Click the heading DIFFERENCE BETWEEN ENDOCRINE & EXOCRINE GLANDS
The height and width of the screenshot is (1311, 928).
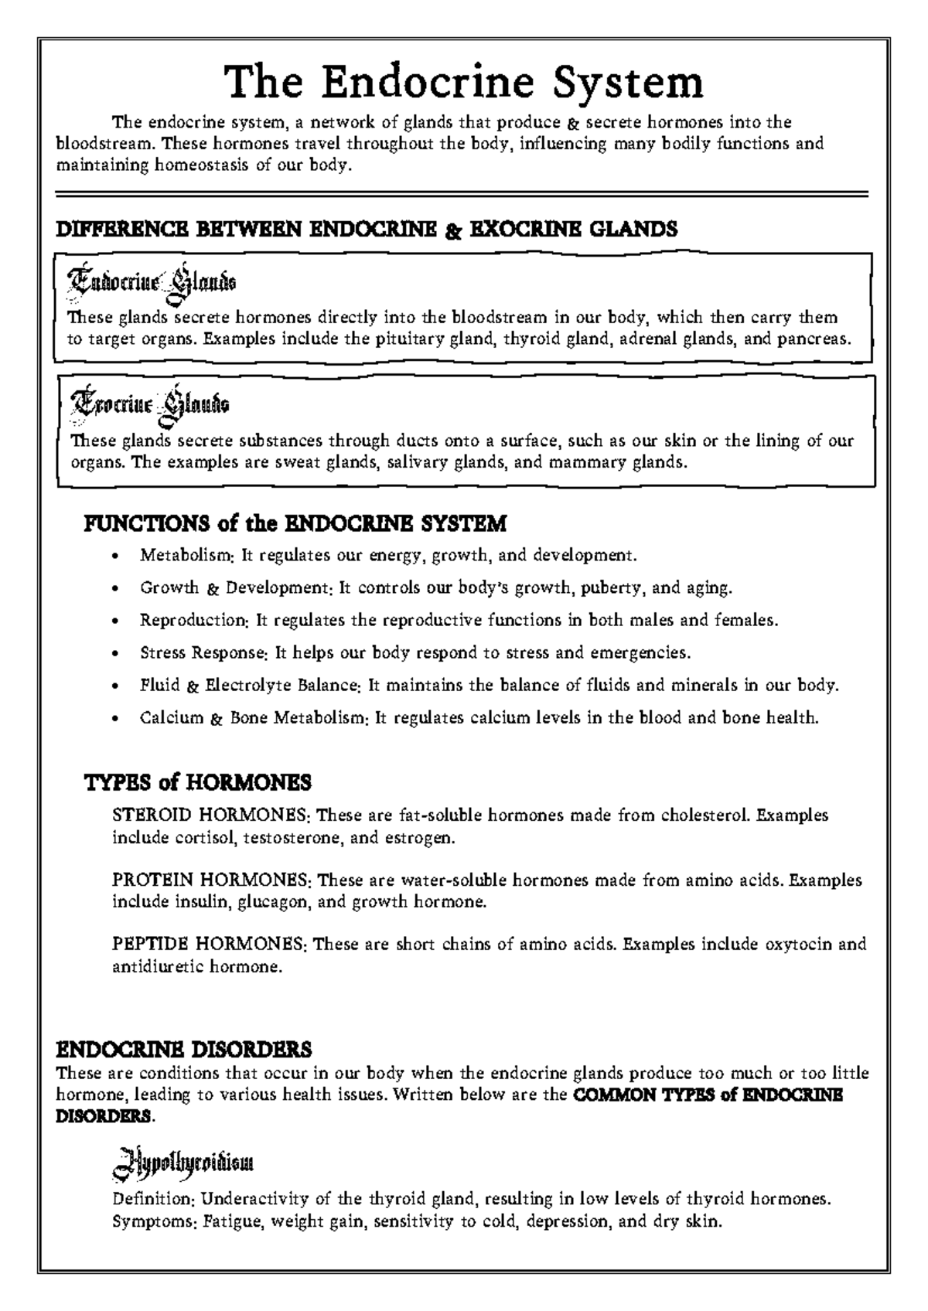click(367, 229)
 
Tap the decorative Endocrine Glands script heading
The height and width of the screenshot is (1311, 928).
click(152, 281)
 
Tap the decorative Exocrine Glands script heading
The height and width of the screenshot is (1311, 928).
click(149, 404)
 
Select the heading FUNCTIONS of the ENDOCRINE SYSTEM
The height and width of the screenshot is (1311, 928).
click(295, 523)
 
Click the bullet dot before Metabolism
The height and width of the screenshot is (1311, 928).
click(115, 556)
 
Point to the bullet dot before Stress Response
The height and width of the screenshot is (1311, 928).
click(115, 653)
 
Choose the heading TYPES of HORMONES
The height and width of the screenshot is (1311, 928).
click(197, 782)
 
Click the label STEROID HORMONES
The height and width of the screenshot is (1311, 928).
click(210, 816)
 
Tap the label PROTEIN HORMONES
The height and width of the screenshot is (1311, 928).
click(210, 880)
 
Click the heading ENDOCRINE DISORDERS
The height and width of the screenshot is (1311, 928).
click(185, 1049)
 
